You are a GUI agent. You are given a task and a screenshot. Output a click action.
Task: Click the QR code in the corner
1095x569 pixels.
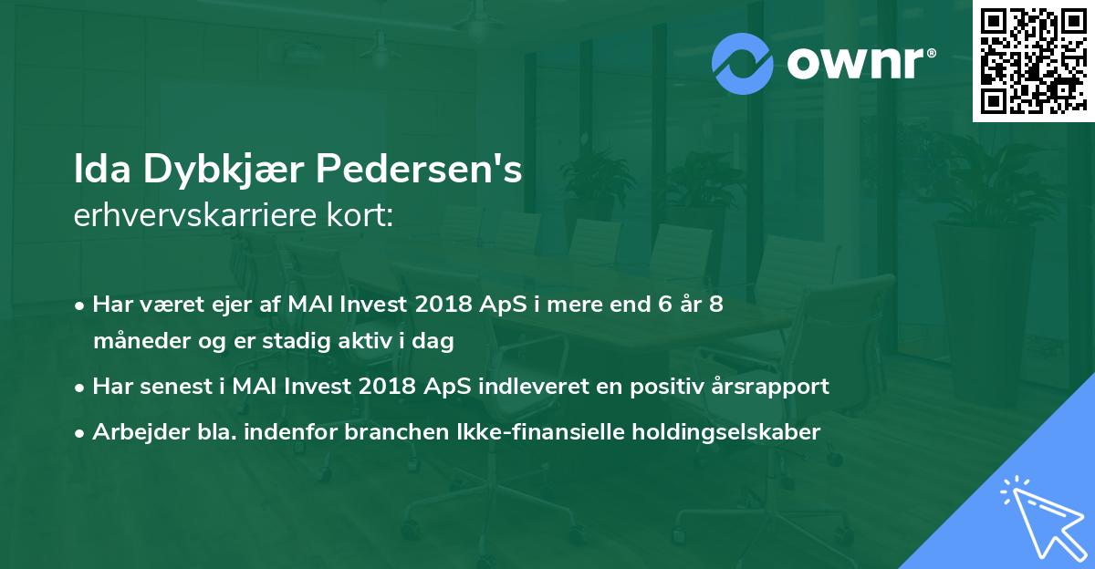coord(1033,60)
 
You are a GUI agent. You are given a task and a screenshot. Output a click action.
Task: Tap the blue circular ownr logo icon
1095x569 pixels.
coord(742,64)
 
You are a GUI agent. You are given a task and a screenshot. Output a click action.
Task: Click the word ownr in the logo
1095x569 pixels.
coord(856,64)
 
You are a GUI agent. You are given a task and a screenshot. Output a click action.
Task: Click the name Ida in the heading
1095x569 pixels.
coord(102,169)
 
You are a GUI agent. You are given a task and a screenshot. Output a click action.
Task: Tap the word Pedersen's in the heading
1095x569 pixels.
coord(419,169)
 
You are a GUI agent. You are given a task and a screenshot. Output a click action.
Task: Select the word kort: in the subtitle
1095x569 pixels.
coord(360,215)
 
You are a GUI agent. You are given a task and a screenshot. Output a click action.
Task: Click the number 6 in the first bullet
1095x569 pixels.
coord(665,304)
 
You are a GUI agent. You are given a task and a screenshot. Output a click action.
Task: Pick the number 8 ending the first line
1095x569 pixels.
coord(716,304)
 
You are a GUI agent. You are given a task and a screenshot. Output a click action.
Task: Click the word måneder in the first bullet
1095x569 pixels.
coord(141,341)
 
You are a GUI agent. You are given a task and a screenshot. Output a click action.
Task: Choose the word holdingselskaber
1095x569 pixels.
coord(726,432)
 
